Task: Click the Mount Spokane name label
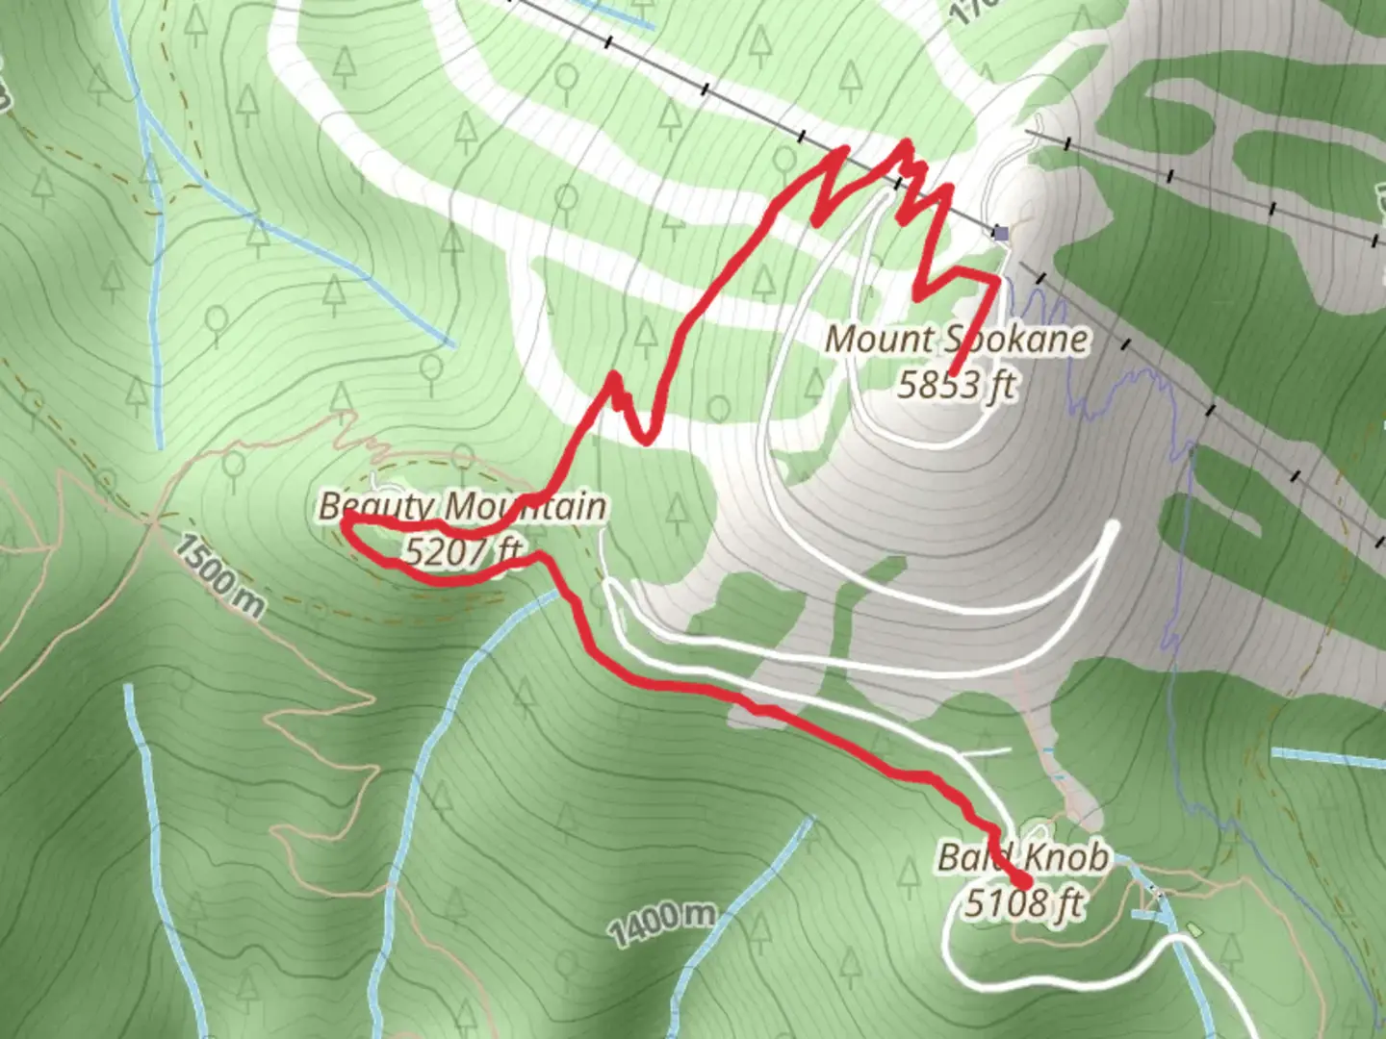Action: coord(958,339)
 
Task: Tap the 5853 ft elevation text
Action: coord(956,385)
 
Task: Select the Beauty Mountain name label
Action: coord(462,506)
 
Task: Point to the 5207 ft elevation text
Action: coord(464,551)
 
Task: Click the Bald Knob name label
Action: coord(1023,856)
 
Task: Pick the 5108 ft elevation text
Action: coord(1023,902)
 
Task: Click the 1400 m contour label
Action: coord(662,922)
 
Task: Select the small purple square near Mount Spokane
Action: coord(1001,233)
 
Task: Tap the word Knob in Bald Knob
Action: coord(1065,856)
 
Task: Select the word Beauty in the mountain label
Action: coord(378,506)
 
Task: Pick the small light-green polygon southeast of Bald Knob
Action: coord(1194,929)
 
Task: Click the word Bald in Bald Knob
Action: coord(974,856)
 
